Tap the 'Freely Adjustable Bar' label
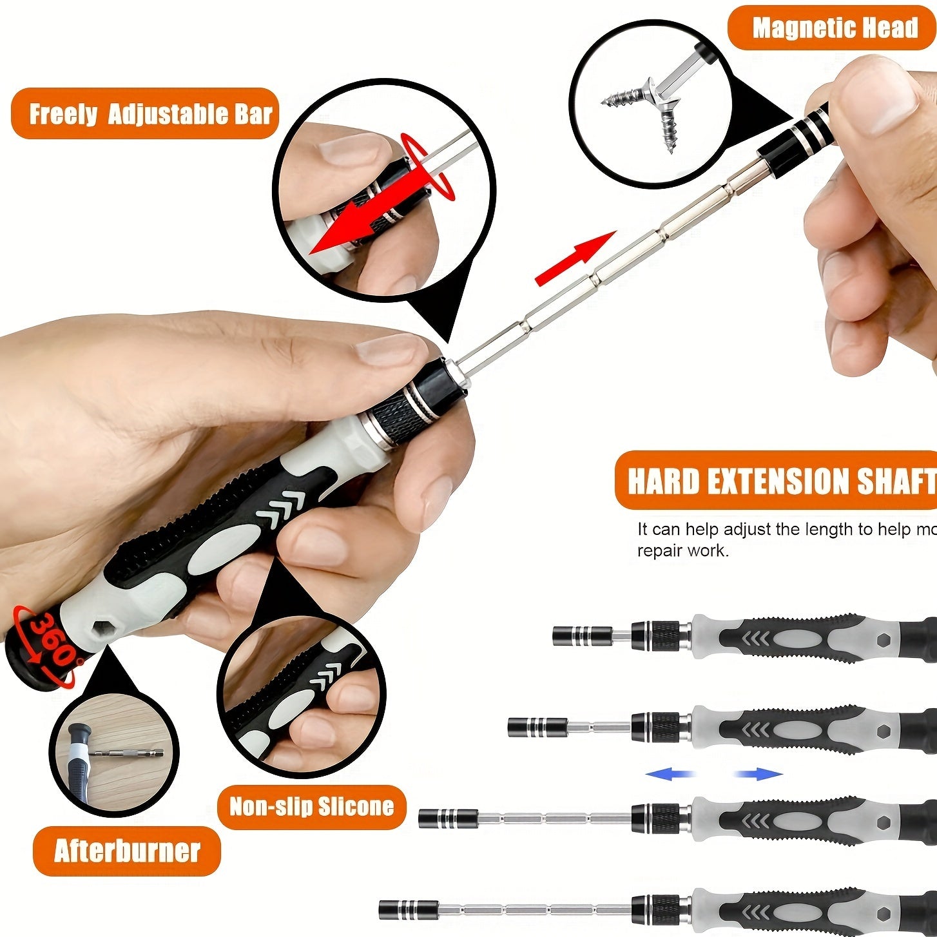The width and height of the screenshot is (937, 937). [x=150, y=114]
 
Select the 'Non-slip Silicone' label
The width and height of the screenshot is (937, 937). [x=311, y=806]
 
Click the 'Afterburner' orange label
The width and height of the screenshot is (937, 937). [x=127, y=851]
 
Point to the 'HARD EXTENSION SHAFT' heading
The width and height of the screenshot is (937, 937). [x=780, y=481]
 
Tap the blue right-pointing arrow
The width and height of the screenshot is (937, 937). [x=758, y=774]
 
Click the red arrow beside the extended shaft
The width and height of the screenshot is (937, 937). [x=574, y=259]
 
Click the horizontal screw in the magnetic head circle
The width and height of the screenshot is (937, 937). [x=624, y=98]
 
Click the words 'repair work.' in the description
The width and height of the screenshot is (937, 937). [x=682, y=551]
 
